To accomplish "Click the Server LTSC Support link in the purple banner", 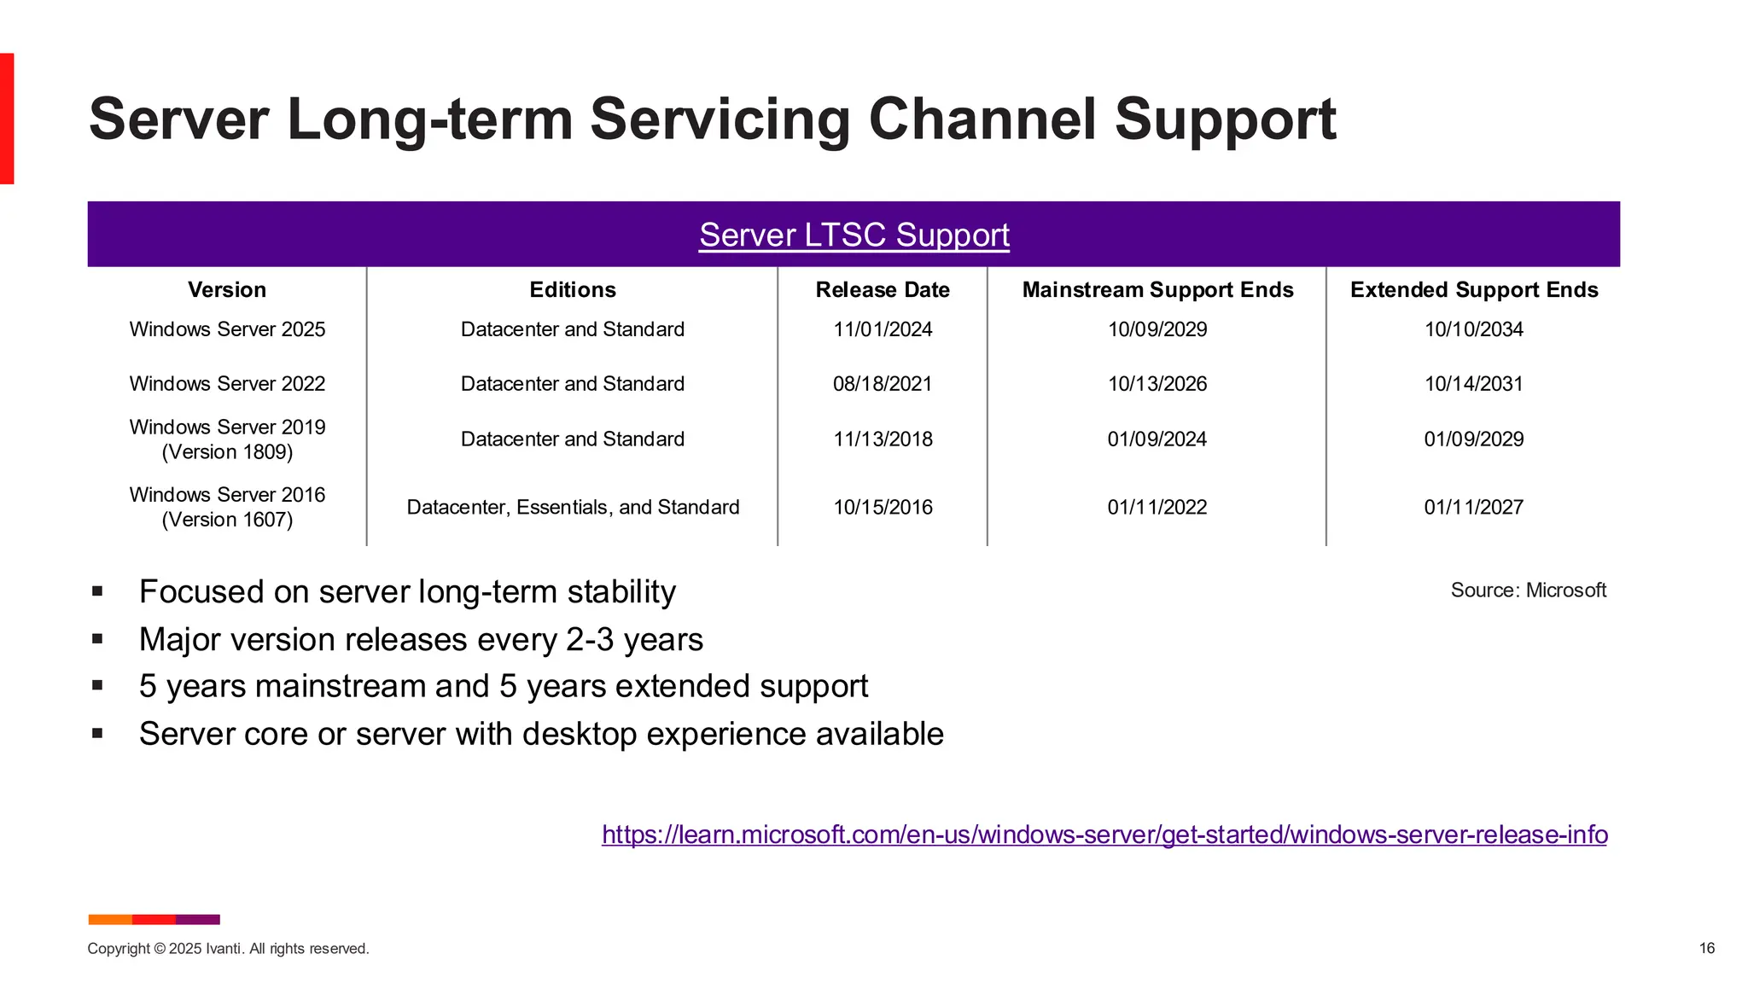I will pyautogui.click(x=854, y=235).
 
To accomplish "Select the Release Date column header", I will pyautogui.click(x=882, y=290).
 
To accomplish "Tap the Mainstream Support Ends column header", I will pyautogui.click(x=1157, y=290).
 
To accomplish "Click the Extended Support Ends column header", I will pyautogui.click(x=1473, y=290).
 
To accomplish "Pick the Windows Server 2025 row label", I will pyautogui.click(x=227, y=329).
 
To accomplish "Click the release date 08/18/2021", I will pyautogui.click(x=882, y=384).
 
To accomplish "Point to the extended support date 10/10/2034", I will pyautogui.click(x=1473, y=329).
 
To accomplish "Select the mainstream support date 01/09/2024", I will pyautogui.click(x=1157, y=439).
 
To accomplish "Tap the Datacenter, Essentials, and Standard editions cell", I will pyautogui.click(x=573, y=508).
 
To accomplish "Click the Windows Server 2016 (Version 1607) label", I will pyautogui.click(x=227, y=507).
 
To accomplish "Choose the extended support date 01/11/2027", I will pyautogui.click(x=1473, y=508).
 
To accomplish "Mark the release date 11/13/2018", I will pyautogui.click(x=882, y=439).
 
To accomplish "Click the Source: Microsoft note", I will pyautogui.click(x=1528, y=590).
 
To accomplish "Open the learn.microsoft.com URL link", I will pyautogui.click(x=1104, y=835).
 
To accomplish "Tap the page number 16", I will pyautogui.click(x=1706, y=948).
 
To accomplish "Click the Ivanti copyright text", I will pyautogui.click(x=228, y=949).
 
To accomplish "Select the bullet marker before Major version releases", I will pyautogui.click(x=97, y=638).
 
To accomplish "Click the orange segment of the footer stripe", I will pyautogui.click(x=110, y=919).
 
